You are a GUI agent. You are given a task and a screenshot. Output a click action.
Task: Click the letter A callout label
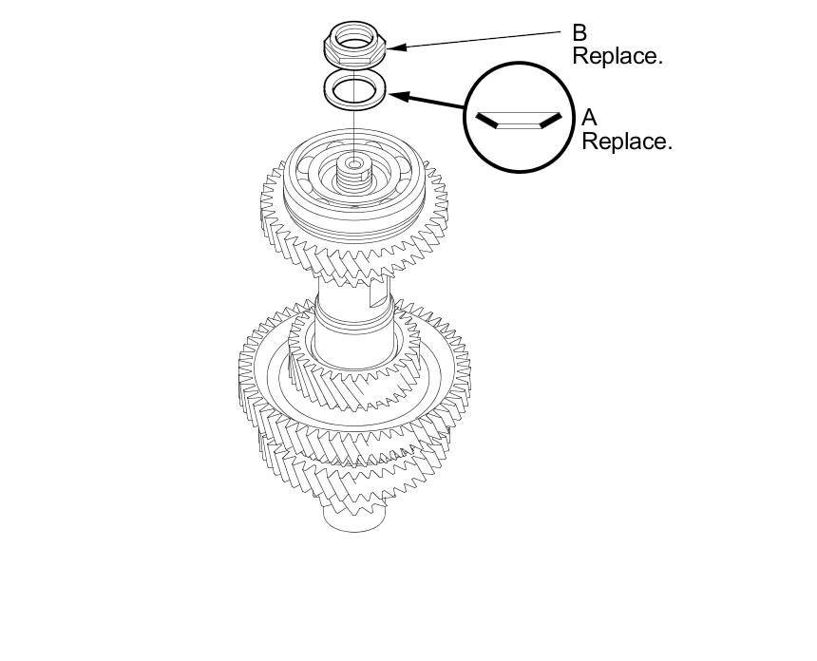pos(589,119)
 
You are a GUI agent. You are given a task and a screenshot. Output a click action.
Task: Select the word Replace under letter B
pos(617,56)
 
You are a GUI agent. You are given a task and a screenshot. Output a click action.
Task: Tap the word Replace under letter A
pos(626,142)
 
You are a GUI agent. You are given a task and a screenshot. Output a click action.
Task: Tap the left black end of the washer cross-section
pos(486,120)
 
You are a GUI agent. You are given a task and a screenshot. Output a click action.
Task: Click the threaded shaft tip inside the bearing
pos(354,171)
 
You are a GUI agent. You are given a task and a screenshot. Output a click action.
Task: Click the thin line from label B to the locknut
pos(475,39)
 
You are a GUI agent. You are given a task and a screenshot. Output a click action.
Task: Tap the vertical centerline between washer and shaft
pos(353,133)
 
